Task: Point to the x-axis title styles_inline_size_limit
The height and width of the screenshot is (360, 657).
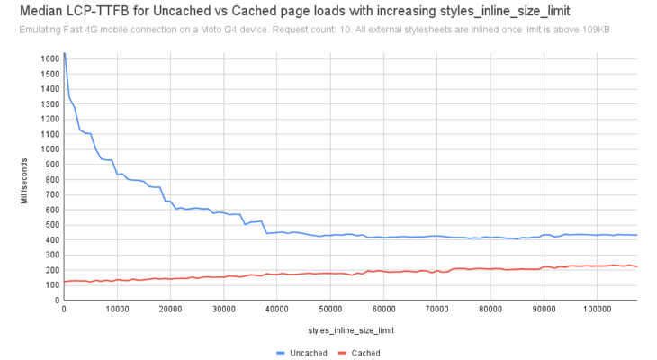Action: click(x=351, y=330)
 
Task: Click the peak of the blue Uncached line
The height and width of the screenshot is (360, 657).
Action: click(x=64, y=53)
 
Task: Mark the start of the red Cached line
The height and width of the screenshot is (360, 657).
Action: click(x=63, y=282)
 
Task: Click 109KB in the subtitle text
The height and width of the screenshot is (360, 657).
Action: click(x=597, y=30)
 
